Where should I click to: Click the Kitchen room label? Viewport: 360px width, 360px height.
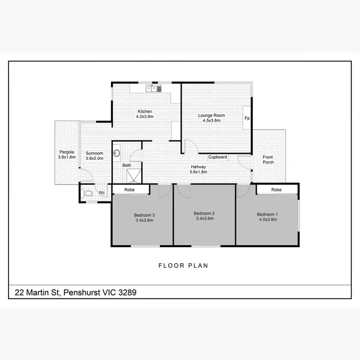(x=144, y=111)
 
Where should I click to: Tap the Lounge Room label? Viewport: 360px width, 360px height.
(x=212, y=115)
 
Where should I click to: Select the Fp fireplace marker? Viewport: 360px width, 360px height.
(x=247, y=118)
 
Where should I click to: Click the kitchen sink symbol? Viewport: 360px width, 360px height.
(x=155, y=88)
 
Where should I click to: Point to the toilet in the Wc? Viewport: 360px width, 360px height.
(x=87, y=193)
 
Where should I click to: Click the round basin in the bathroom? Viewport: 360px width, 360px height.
(x=117, y=154)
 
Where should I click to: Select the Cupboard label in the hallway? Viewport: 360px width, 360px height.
(x=217, y=157)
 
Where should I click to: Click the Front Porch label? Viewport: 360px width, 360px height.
(x=268, y=159)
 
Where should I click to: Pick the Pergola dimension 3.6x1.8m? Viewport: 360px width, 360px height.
(x=67, y=157)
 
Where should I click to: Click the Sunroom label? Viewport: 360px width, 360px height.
(x=95, y=153)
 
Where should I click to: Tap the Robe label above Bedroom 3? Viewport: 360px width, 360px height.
(x=130, y=190)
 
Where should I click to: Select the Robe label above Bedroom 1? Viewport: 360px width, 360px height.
(x=276, y=190)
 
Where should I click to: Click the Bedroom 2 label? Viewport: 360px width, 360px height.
(x=204, y=213)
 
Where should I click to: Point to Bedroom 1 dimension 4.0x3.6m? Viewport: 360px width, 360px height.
(x=267, y=219)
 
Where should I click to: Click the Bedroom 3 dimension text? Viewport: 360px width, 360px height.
(x=144, y=220)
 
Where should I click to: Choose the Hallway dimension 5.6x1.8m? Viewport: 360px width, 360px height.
(x=198, y=171)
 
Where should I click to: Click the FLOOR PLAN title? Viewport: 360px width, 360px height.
(x=183, y=265)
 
